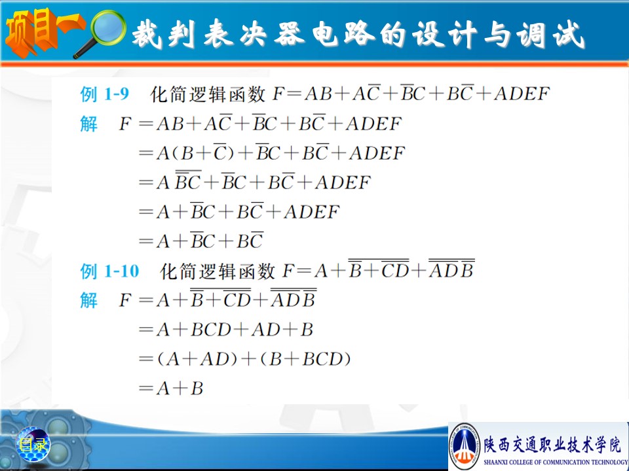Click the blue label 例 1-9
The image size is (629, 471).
tap(104, 94)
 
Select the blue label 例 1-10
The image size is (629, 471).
tap(109, 271)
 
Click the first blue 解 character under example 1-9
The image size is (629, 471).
tap(88, 124)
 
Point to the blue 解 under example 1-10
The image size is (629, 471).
tap(88, 300)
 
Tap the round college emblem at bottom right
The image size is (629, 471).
tap(465, 445)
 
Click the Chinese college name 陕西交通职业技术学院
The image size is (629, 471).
tap(552, 445)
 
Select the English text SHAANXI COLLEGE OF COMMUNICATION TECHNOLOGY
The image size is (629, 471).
tap(555, 462)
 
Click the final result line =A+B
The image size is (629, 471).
tap(171, 389)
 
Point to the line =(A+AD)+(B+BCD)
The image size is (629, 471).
tap(244, 359)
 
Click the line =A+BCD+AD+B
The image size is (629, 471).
tap(226, 330)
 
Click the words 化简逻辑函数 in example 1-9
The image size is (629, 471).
tap(208, 94)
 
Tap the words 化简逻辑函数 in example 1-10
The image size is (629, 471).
tap(217, 271)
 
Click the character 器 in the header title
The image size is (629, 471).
tap(289, 33)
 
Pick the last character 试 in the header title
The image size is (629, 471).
tap(568, 35)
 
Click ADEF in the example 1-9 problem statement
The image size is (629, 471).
tap(522, 94)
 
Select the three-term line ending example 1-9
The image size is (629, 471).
tap(201, 241)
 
